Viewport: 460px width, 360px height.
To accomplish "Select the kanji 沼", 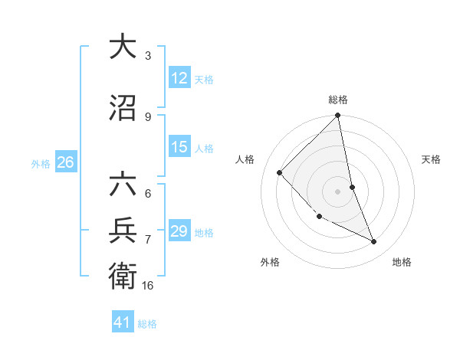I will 123,108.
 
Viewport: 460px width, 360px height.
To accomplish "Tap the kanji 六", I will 123,185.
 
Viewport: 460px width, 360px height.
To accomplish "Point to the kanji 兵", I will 123,229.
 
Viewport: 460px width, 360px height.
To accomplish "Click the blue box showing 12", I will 179,78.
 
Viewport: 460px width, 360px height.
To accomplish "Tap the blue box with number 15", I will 179,147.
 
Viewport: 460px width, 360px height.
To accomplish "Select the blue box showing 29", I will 179,231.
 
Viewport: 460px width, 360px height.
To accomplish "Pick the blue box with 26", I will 65,162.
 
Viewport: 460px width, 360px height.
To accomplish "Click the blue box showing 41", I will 123,323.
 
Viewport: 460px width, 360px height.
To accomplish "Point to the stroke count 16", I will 148,286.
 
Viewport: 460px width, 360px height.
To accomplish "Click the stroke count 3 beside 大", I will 148,55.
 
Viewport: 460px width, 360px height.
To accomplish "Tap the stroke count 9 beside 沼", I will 148,117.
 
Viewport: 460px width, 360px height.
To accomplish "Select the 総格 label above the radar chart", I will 338,100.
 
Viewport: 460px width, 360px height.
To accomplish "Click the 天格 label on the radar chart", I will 432,159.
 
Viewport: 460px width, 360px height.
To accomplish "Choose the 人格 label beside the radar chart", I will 245,159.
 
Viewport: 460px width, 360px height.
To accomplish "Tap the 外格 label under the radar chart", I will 270,262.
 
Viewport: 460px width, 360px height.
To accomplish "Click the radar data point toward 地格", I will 374,241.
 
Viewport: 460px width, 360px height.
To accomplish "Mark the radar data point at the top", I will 338,116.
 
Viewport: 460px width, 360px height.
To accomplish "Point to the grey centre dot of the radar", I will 338,191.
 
